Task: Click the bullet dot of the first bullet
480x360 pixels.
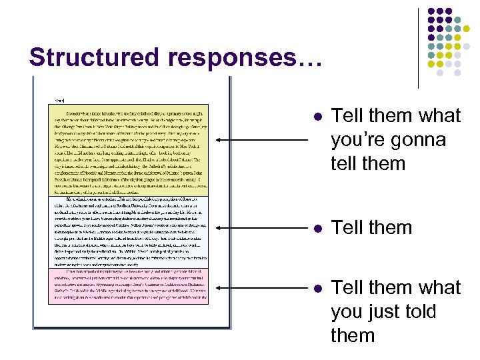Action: tap(318, 117)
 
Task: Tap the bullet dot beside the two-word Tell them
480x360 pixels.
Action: tap(318, 228)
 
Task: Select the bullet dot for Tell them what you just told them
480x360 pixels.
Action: tap(318, 288)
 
